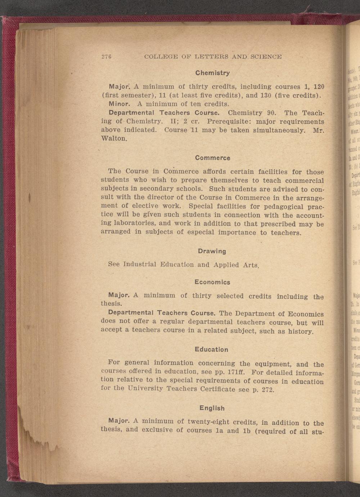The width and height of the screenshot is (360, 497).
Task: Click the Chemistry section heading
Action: click(212, 73)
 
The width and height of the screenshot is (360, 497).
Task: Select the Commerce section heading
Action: click(212, 158)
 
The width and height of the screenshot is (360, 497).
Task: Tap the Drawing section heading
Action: click(212, 251)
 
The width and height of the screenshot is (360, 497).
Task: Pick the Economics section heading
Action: click(212, 282)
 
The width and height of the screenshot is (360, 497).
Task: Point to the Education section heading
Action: click(211, 349)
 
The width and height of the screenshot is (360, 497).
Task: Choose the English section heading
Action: click(212, 398)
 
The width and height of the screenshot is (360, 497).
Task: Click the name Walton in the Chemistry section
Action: click(113, 138)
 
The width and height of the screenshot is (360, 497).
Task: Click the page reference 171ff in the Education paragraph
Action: click(237, 372)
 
